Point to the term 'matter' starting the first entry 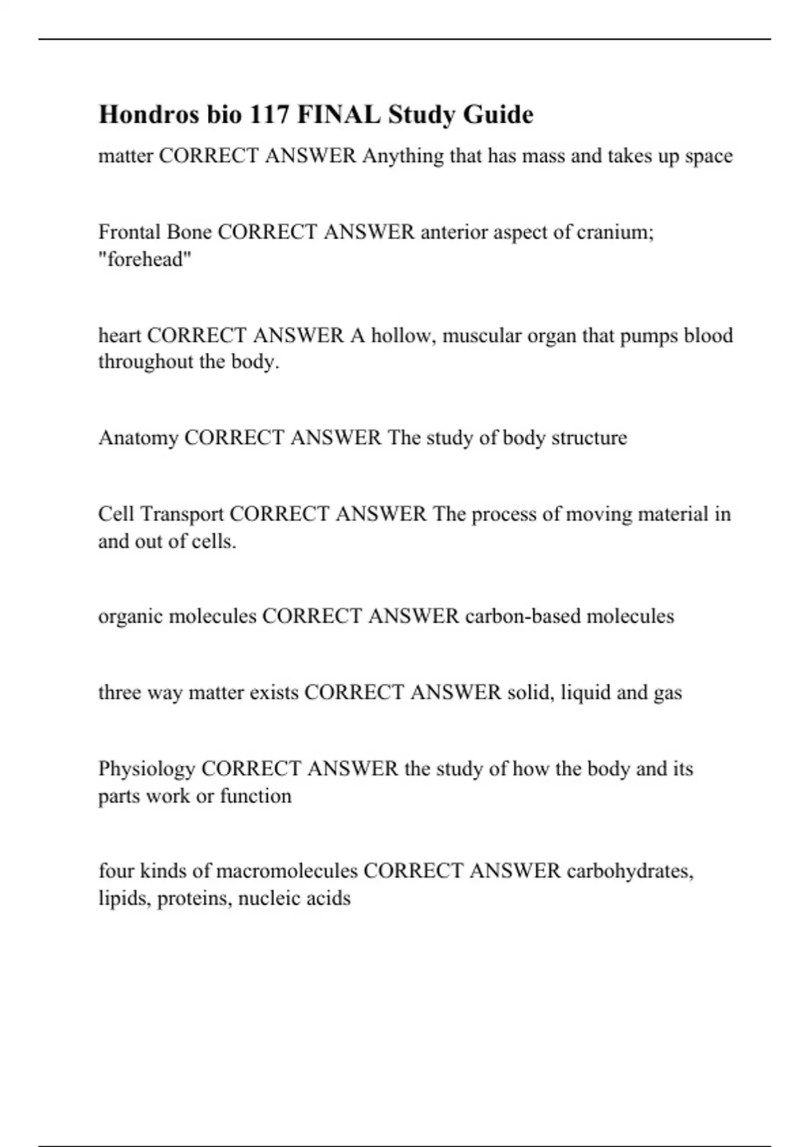point(126,156)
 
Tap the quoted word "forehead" point(145,260)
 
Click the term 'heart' point(119,335)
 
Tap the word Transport point(182,514)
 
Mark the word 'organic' point(130,617)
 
